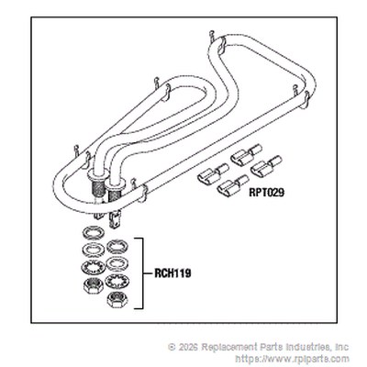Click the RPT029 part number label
(x=266, y=193)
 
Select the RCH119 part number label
(x=172, y=272)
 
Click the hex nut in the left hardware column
(x=93, y=286)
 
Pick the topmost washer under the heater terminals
(x=93, y=233)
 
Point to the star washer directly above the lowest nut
(x=117, y=282)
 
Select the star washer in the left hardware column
(x=93, y=267)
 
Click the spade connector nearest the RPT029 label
(x=232, y=185)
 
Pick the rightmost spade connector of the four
(x=266, y=166)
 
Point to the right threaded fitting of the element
(x=115, y=192)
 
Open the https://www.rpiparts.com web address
(x=293, y=358)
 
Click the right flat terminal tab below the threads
(x=116, y=219)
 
